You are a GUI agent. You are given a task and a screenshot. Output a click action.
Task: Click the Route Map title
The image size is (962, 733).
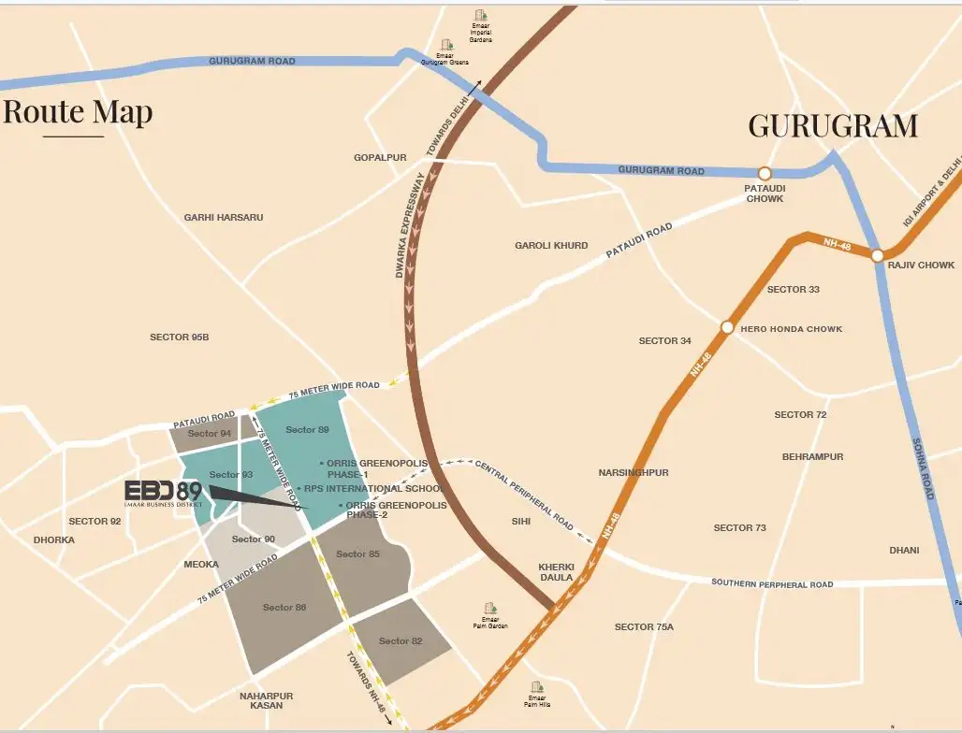coord(78,113)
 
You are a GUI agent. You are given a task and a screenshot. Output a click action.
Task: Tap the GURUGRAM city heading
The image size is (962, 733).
coord(833,126)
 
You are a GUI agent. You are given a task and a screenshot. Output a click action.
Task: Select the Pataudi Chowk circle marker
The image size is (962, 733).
coord(765,173)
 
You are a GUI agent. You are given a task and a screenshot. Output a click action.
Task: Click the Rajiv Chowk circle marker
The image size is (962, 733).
coord(878,255)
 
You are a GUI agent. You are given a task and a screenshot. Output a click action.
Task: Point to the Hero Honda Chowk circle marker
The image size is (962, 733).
coord(727,327)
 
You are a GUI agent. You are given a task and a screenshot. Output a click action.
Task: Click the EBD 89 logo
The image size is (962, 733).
coord(164,493)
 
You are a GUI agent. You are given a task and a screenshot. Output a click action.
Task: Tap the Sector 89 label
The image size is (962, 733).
coord(307,430)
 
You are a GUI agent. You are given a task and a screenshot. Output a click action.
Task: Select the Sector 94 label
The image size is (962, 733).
coord(209,434)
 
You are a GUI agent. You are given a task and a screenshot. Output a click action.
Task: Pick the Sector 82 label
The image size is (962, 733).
coord(401,641)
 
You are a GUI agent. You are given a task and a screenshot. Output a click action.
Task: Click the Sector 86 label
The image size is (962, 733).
coord(284,608)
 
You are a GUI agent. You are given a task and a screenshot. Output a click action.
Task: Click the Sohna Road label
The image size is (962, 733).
coord(923,467)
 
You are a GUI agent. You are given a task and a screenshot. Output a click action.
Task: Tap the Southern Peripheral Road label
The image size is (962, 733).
coord(772,584)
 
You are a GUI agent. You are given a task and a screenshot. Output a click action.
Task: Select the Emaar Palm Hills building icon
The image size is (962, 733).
coord(536,687)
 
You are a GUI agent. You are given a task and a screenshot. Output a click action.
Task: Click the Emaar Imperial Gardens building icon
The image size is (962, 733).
coord(481,16)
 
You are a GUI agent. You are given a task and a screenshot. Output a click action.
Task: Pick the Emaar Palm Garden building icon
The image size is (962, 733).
coord(489,608)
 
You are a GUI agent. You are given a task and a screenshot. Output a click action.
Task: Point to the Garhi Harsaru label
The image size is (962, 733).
coord(224,218)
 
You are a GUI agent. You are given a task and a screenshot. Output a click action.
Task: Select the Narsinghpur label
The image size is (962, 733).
coord(634,473)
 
